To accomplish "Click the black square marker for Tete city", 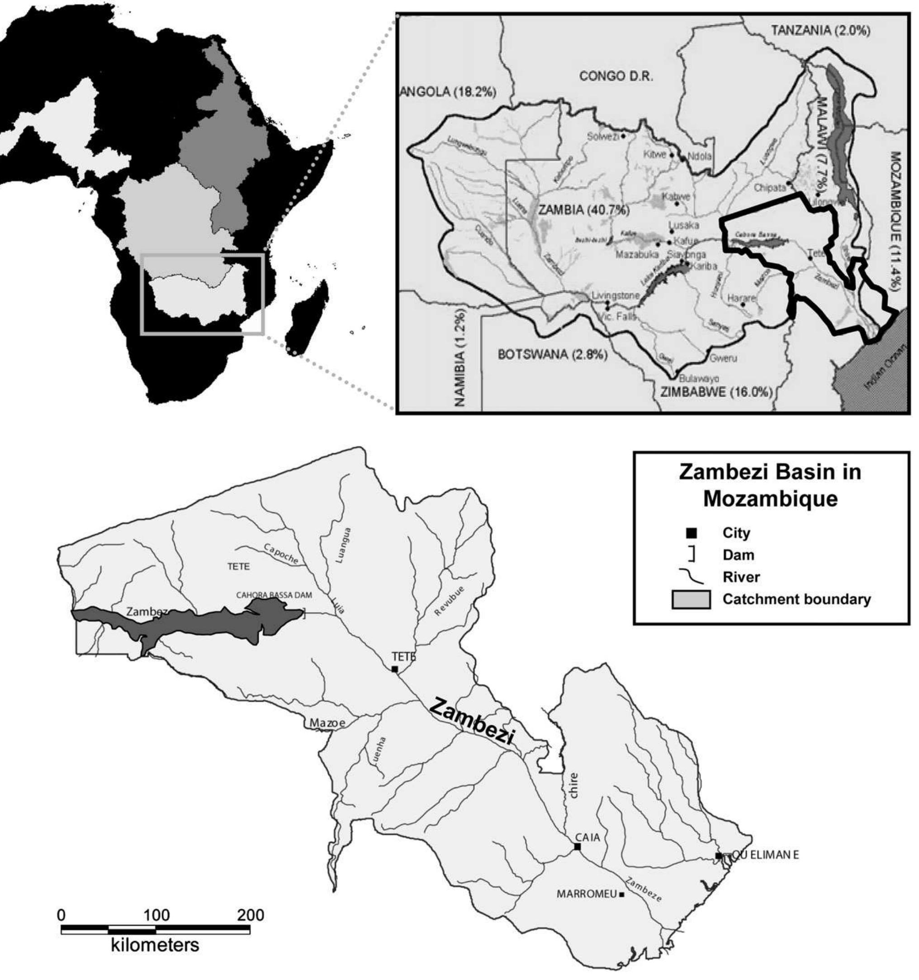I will pyautogui.click(x=395, y=669).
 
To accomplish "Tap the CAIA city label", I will pyautogui.click(x=587, y=837).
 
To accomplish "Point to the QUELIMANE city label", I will pyautogui.click(x=764, y=855).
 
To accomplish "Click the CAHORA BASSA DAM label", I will pyautogui.click(x=274, y=595).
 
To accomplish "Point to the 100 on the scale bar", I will pyautogui.click(x=156, y=915).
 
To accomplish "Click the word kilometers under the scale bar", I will pyautogui.click(x=155, y=945).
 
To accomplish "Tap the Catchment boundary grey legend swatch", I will pyautogui.click(x=692, y=599).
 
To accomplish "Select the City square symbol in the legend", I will pyautogui.click(x=692, y=533).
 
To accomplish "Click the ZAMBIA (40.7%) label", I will pyautogui.click(x=584, y=209).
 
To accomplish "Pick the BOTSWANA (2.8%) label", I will pyautogui.click(x=552, y=354).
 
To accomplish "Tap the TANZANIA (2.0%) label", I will pyautogui.click(x=820, y=31).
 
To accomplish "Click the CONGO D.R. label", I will pyautogui.click(x=616, y=76).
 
